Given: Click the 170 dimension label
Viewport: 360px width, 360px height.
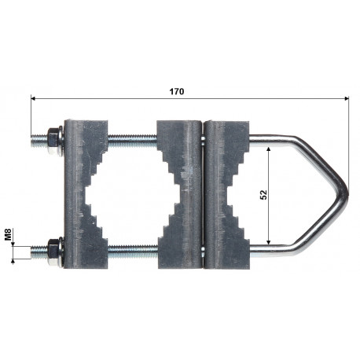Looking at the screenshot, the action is [x=177, y=91].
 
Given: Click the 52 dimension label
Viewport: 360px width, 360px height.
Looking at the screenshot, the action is [x=264, y=194].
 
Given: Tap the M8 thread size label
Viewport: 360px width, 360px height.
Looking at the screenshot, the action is [x=8, y=234].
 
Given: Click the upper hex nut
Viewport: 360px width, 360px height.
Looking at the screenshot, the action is [x=53, y=141].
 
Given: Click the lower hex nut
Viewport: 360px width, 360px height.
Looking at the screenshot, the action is [x=53, y=252].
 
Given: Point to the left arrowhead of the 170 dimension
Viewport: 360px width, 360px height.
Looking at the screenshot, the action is [x=33, y=98].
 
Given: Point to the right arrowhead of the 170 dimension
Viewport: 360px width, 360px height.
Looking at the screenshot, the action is [x=347, y=98].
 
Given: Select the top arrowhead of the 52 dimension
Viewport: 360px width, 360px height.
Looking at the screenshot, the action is [x=268, y=149].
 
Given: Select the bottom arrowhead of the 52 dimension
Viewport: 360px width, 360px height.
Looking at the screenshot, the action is [x=268, y=241].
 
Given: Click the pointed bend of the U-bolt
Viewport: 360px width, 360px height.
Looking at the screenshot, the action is [x=345, y=193].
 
